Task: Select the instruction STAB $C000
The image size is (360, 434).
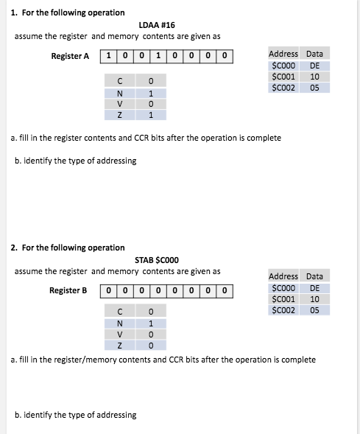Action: click(x=156, y=259)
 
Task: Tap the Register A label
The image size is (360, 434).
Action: click(x=70, y=56)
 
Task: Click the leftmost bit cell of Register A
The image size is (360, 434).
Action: click(x=109, y=56)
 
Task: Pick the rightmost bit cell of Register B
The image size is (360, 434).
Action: click(x=225, y=290)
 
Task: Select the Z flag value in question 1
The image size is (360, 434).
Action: click(x=150, y=114)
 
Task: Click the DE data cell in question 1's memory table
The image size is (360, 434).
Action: click(x=314, y=65)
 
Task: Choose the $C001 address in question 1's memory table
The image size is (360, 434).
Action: click(x=283, y=76)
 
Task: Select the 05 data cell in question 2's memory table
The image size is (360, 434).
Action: click(x=314, y=310)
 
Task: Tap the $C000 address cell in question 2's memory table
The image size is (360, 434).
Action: click(x=283, y=287)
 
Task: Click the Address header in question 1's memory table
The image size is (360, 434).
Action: click(x=283, y=54)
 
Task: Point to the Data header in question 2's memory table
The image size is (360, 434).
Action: click(x=314, y=276)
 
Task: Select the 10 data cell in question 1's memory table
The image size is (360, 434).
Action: click(x=314, y=76)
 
